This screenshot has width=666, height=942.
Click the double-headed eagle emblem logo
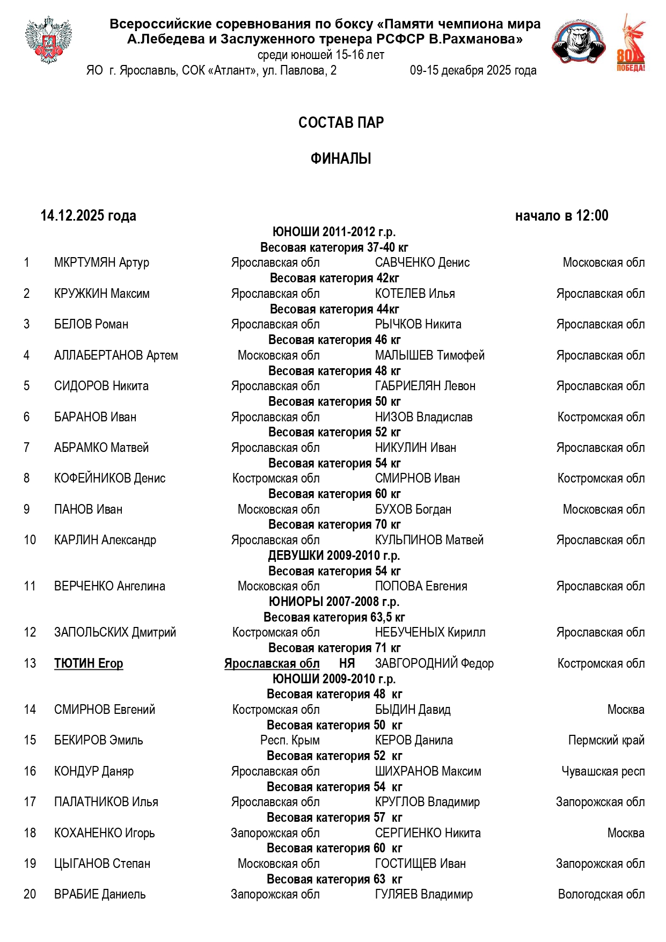48,40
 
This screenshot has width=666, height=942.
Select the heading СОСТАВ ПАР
341,123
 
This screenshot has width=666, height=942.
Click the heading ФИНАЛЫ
341,159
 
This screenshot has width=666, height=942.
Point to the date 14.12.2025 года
89,216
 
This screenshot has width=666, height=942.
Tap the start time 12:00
592,216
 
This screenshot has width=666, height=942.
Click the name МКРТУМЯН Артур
101,263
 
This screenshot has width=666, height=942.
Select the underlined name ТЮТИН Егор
89,664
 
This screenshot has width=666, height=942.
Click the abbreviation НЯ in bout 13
347,664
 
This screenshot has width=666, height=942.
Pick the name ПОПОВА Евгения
421,587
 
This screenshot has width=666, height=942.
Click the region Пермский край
606,741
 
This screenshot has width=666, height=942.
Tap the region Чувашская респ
603,772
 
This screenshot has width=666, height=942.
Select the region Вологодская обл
601,895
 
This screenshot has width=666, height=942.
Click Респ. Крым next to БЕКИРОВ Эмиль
290,741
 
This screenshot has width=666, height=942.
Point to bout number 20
30,895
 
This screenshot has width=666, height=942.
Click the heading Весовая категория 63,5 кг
334,618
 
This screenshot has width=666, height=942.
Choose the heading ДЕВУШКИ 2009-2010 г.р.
334,556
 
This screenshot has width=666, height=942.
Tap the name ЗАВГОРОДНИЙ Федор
434,664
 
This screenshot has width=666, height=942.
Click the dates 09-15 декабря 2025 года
473,71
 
